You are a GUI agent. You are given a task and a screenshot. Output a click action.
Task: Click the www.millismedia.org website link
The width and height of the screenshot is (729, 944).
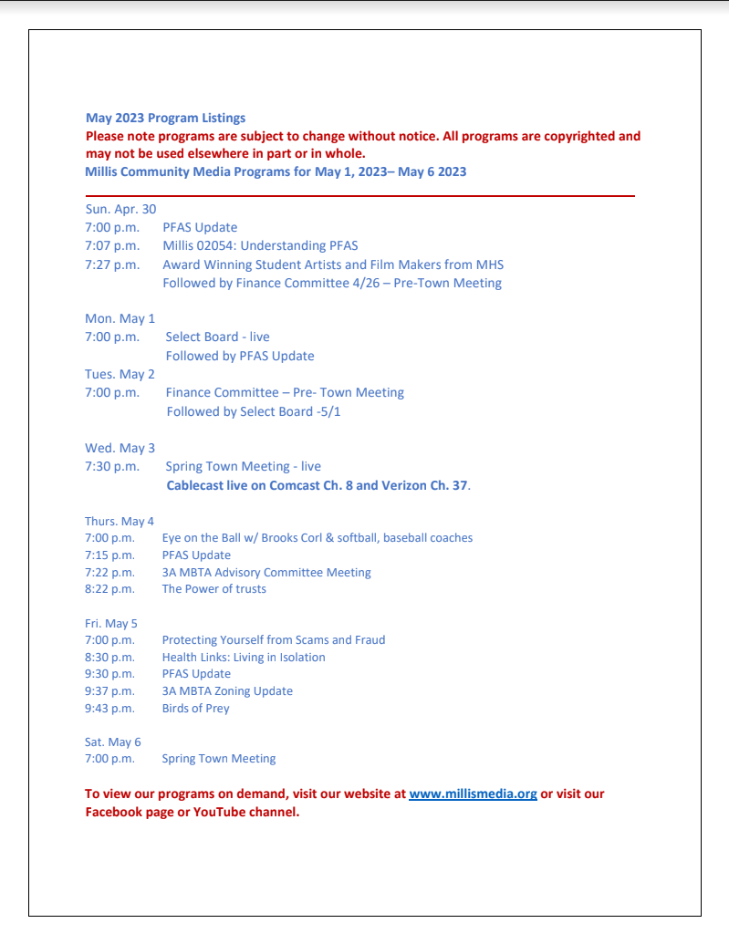pyautogui.click(x=473, y=794)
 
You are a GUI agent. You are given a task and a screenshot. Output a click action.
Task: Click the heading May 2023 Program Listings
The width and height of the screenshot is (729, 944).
pyautogui.click(x=165, y=118)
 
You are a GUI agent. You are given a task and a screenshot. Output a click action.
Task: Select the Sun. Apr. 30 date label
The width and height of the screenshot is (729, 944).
pyautogui.click(x=120, y=209)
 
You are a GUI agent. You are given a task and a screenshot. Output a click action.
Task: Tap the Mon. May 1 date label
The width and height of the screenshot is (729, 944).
pyautogui.click(x=120, y=318)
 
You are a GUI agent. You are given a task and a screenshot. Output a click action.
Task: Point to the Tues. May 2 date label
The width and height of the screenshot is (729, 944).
pyautogui.click(x=120, y=374)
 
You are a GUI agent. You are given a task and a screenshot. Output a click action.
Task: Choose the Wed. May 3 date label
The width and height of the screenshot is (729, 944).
pyautogui.click(x=120, y=448)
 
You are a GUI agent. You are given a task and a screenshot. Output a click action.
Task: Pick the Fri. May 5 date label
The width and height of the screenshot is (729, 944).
pyautogui.click(x=111, y=623)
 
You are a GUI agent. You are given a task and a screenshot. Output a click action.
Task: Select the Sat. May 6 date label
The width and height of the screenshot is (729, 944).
pyautogui.click(x=113, y=742)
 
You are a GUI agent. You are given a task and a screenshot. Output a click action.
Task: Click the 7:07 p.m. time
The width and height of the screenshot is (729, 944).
pyautogui.click(x=112, y=245)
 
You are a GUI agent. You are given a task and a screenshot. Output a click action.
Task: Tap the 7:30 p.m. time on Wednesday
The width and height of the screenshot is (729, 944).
pyautogui.click(x=112, y=466)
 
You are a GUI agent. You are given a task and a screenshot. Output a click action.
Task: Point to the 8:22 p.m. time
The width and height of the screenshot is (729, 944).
pyautogui.click(x=109, y=589)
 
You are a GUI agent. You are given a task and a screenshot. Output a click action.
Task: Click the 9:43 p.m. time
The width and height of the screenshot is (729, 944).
pyautogui.click(x=109, y=708)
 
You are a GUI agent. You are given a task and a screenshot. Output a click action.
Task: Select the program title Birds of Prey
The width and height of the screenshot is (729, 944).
pyautogui.click(x=195, y=708)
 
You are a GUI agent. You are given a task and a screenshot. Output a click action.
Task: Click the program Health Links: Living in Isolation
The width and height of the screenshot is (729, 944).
pyautogui.click(x=244, y=657)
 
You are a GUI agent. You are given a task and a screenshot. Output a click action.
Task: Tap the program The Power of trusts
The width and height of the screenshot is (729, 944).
pyautogui.click(x=214, y=589)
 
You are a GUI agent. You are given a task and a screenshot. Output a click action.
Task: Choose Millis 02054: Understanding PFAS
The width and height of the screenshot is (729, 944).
pyautogui.click(x=260, y=245)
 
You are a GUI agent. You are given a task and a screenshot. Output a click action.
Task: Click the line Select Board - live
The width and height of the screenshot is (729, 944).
pyautogui.click(x=217, y=337)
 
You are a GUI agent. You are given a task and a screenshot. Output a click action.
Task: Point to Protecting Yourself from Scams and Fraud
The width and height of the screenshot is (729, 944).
pyautogui.click(x=274, y=639)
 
